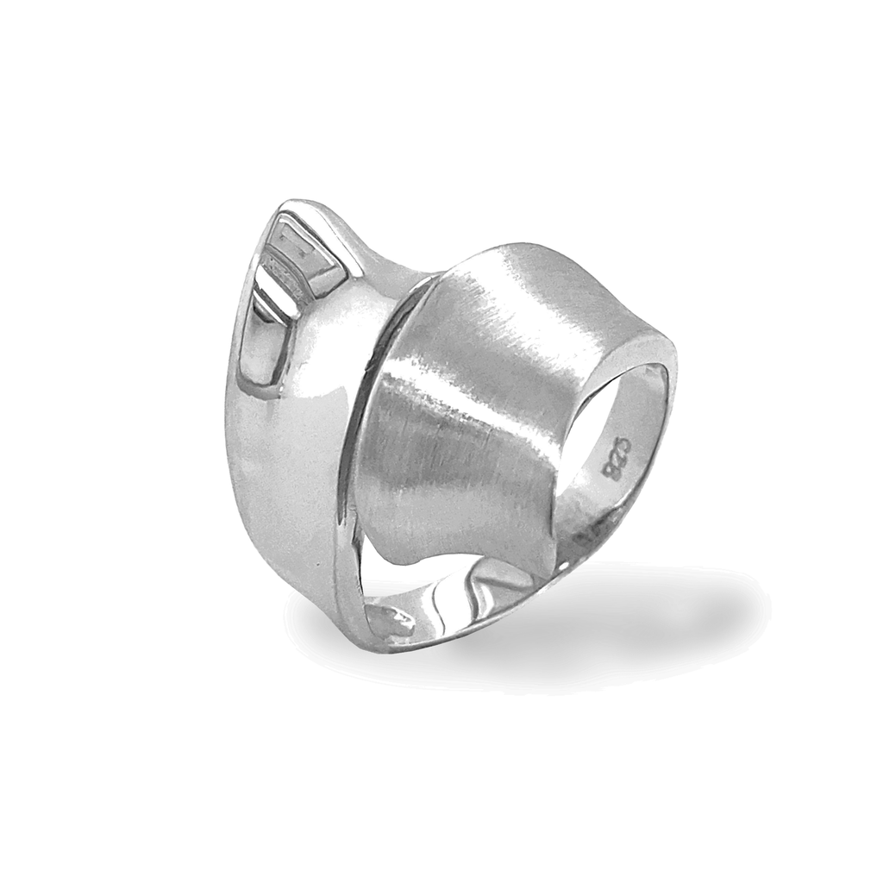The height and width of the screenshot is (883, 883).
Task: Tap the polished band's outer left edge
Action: click(235, 405)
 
